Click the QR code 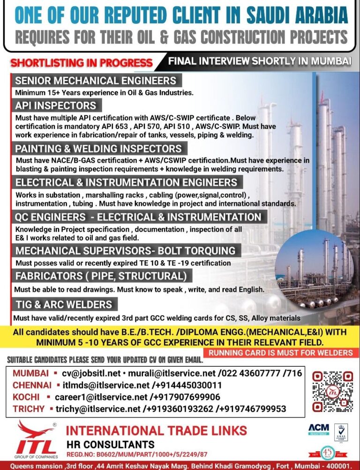(332, 391)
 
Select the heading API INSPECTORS (55, 105)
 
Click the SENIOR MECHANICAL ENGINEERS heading (96, 80)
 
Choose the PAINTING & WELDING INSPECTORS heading (98, 149)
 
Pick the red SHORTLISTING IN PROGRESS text (82, 62)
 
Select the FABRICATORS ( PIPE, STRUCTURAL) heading (101, 275)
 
